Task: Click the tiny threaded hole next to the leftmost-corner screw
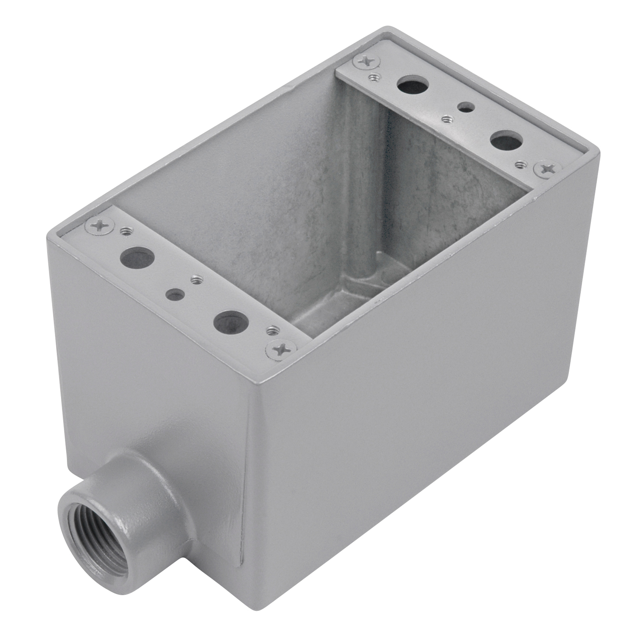click(x=126, y=232)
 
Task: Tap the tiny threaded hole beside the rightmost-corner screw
click(x=522, y=163)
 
